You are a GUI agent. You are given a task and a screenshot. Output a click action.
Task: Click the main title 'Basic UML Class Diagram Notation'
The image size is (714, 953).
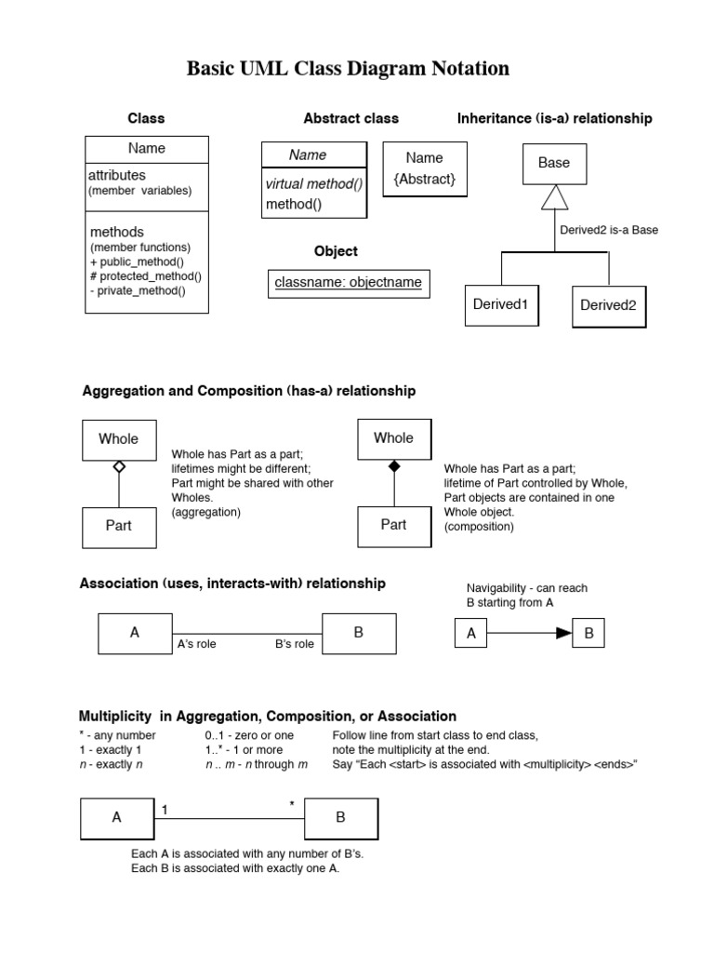tap(348, 68)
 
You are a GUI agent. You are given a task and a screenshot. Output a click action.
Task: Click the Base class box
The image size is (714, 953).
tap(554, 163)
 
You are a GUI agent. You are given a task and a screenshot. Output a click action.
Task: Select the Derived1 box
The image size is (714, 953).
tap(500, 304)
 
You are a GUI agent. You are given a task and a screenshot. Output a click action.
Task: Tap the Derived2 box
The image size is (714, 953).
tap(608, 305)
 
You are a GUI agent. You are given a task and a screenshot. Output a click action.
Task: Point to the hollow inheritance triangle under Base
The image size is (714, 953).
tap(554, 197)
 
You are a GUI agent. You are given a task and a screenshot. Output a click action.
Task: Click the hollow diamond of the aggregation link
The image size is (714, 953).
tap(118, 465)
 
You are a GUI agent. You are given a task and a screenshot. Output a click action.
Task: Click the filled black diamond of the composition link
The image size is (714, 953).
tap(393, 465)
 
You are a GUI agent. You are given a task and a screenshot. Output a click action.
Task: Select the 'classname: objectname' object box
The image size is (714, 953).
tap(348, 282)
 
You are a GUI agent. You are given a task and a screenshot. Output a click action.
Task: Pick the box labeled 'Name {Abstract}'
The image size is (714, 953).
tap(424, 168)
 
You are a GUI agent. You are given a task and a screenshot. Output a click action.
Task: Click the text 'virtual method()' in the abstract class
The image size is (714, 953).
tap(313, 184)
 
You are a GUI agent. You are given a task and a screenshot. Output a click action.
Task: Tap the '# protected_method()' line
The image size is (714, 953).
tap(145, 275)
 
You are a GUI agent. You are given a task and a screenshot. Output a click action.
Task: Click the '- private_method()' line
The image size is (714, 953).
tap(138, 290)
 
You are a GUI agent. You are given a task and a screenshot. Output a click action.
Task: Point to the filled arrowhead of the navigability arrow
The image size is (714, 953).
tap(563, 634)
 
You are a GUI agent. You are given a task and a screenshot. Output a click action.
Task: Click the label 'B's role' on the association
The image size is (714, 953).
tap(295, 644)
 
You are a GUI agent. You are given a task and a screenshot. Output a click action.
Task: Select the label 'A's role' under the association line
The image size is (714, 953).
tap(196, 644)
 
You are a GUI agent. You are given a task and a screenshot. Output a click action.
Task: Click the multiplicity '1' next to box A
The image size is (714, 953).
tap(165, 810)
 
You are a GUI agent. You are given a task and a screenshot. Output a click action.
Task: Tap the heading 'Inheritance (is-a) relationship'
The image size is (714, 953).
tap(554, 118)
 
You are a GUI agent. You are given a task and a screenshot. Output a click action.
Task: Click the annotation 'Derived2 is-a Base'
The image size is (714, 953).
tap(609, 230)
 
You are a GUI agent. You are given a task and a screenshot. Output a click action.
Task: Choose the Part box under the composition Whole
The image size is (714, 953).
tap(393, 525)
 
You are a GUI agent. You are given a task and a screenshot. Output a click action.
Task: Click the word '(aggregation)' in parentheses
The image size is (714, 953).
tap(205, 512)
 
